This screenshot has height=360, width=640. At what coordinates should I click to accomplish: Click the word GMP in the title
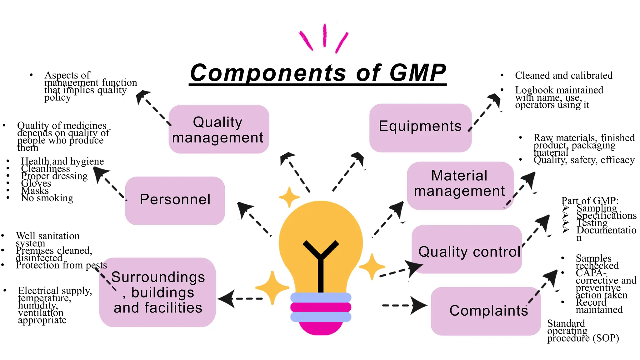pos(417,72)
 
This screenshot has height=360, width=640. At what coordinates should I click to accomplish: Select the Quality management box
pos(219,129)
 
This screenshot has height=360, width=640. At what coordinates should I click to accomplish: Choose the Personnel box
pos(175,200)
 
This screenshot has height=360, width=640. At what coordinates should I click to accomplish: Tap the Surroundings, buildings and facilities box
pos(158,292)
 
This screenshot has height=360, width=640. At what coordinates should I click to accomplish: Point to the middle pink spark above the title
pos(325,35)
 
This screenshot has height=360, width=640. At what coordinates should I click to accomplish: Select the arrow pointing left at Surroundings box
pos(241,299)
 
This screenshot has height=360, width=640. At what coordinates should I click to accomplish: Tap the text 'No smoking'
pos(47,198)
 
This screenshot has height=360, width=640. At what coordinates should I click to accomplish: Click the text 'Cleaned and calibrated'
pos(564,75)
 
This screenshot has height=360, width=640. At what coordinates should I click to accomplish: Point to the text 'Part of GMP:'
pos(590,200)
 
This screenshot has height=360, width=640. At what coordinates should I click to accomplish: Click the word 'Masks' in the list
pos(35,191)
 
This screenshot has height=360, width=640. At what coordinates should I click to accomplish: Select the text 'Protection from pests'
pos(61,265)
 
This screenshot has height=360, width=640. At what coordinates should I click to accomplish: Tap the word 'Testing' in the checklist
pos(592,223)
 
